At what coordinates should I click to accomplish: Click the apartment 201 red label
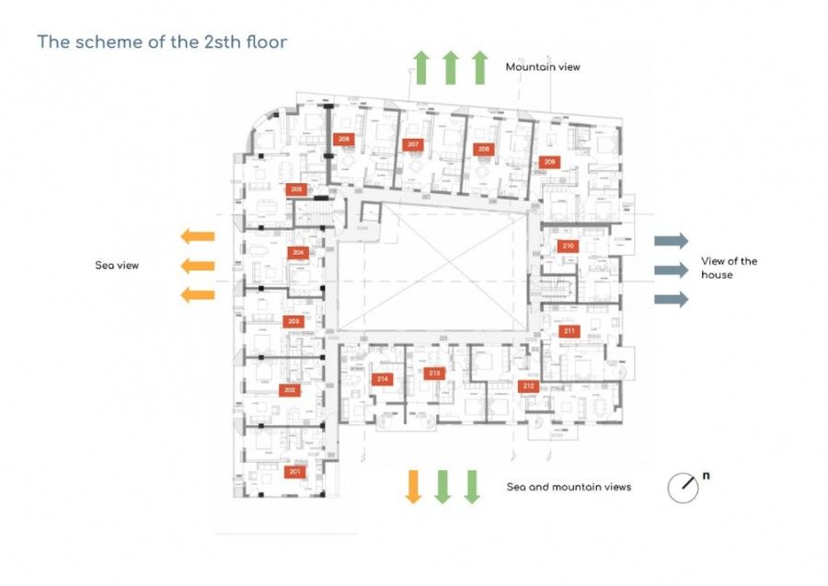pos(294,472)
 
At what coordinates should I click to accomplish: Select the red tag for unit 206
pos(344,139)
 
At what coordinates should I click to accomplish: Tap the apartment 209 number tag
pos(550,162)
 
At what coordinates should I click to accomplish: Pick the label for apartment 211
pos(570,331)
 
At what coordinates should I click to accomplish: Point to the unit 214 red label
pos(382,379)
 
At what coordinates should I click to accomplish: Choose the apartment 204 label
pos(297,252)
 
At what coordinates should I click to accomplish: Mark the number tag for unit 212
pos(527,386)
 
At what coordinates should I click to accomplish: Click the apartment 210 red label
pos(568,246)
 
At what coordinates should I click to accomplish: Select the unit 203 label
pos(293,321)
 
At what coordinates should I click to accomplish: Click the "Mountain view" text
pos(543,67)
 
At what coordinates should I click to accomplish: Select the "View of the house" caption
pos(729,268)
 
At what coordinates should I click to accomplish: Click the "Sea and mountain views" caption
pos(569,487)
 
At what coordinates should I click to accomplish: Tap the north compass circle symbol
pos(683,488)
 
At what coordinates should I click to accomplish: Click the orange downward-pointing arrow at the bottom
pos(413,486)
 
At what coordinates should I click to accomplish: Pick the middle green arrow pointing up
pos(450,68)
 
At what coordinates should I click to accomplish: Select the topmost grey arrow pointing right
pos(671,241)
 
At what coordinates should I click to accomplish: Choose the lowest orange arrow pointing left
pos(197,295)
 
